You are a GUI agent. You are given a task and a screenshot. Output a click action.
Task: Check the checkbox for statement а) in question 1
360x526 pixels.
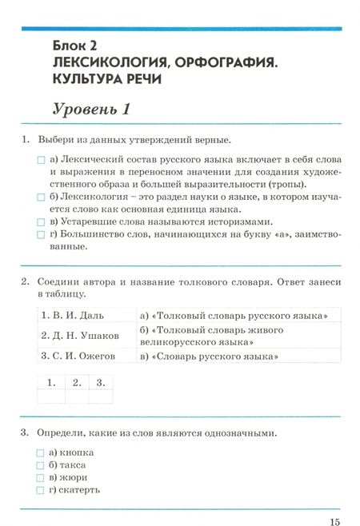coord(41,160)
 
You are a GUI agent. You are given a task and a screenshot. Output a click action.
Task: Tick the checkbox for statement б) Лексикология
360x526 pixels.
coord(41,197)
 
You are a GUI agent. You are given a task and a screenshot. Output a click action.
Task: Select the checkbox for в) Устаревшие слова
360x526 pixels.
coord(41,222)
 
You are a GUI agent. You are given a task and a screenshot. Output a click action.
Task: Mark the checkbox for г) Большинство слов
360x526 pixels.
coord(41,235)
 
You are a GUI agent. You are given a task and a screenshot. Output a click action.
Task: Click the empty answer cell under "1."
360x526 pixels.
coord(50,396)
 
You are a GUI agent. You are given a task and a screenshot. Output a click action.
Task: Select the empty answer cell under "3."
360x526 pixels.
coord(101,396)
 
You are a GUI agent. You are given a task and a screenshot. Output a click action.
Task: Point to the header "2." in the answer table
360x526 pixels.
coord(76,382)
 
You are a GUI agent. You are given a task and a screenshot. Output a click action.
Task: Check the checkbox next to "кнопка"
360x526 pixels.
coord(41,452)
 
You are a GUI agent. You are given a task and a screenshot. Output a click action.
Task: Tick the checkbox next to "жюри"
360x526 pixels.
coord(41,478)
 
